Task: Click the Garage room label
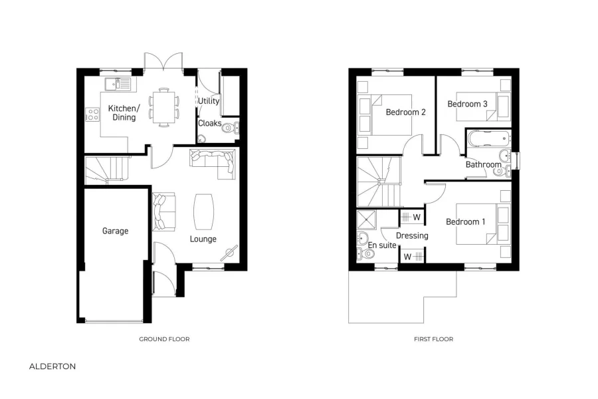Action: (x=115, y=231)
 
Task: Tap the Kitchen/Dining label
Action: (x=124, y=113)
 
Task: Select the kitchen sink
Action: (x=121, y=84)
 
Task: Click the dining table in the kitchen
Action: (x=163, y=106)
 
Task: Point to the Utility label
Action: (x=208, y=100)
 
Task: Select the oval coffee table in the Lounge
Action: (x=203, y=210)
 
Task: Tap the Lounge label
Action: (x=203, y=239)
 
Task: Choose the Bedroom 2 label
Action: (x=405, y=112)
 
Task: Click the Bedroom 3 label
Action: (x=467, y=104)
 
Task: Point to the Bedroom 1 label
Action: (x=465, y=221)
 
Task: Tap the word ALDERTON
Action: (x=52, y=366)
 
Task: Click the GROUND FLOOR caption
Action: (x=164, y=339)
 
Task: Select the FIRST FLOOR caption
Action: (x=433, y=339)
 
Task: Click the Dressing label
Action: (x=412, y=235)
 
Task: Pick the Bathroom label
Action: (x=483, y=164)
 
